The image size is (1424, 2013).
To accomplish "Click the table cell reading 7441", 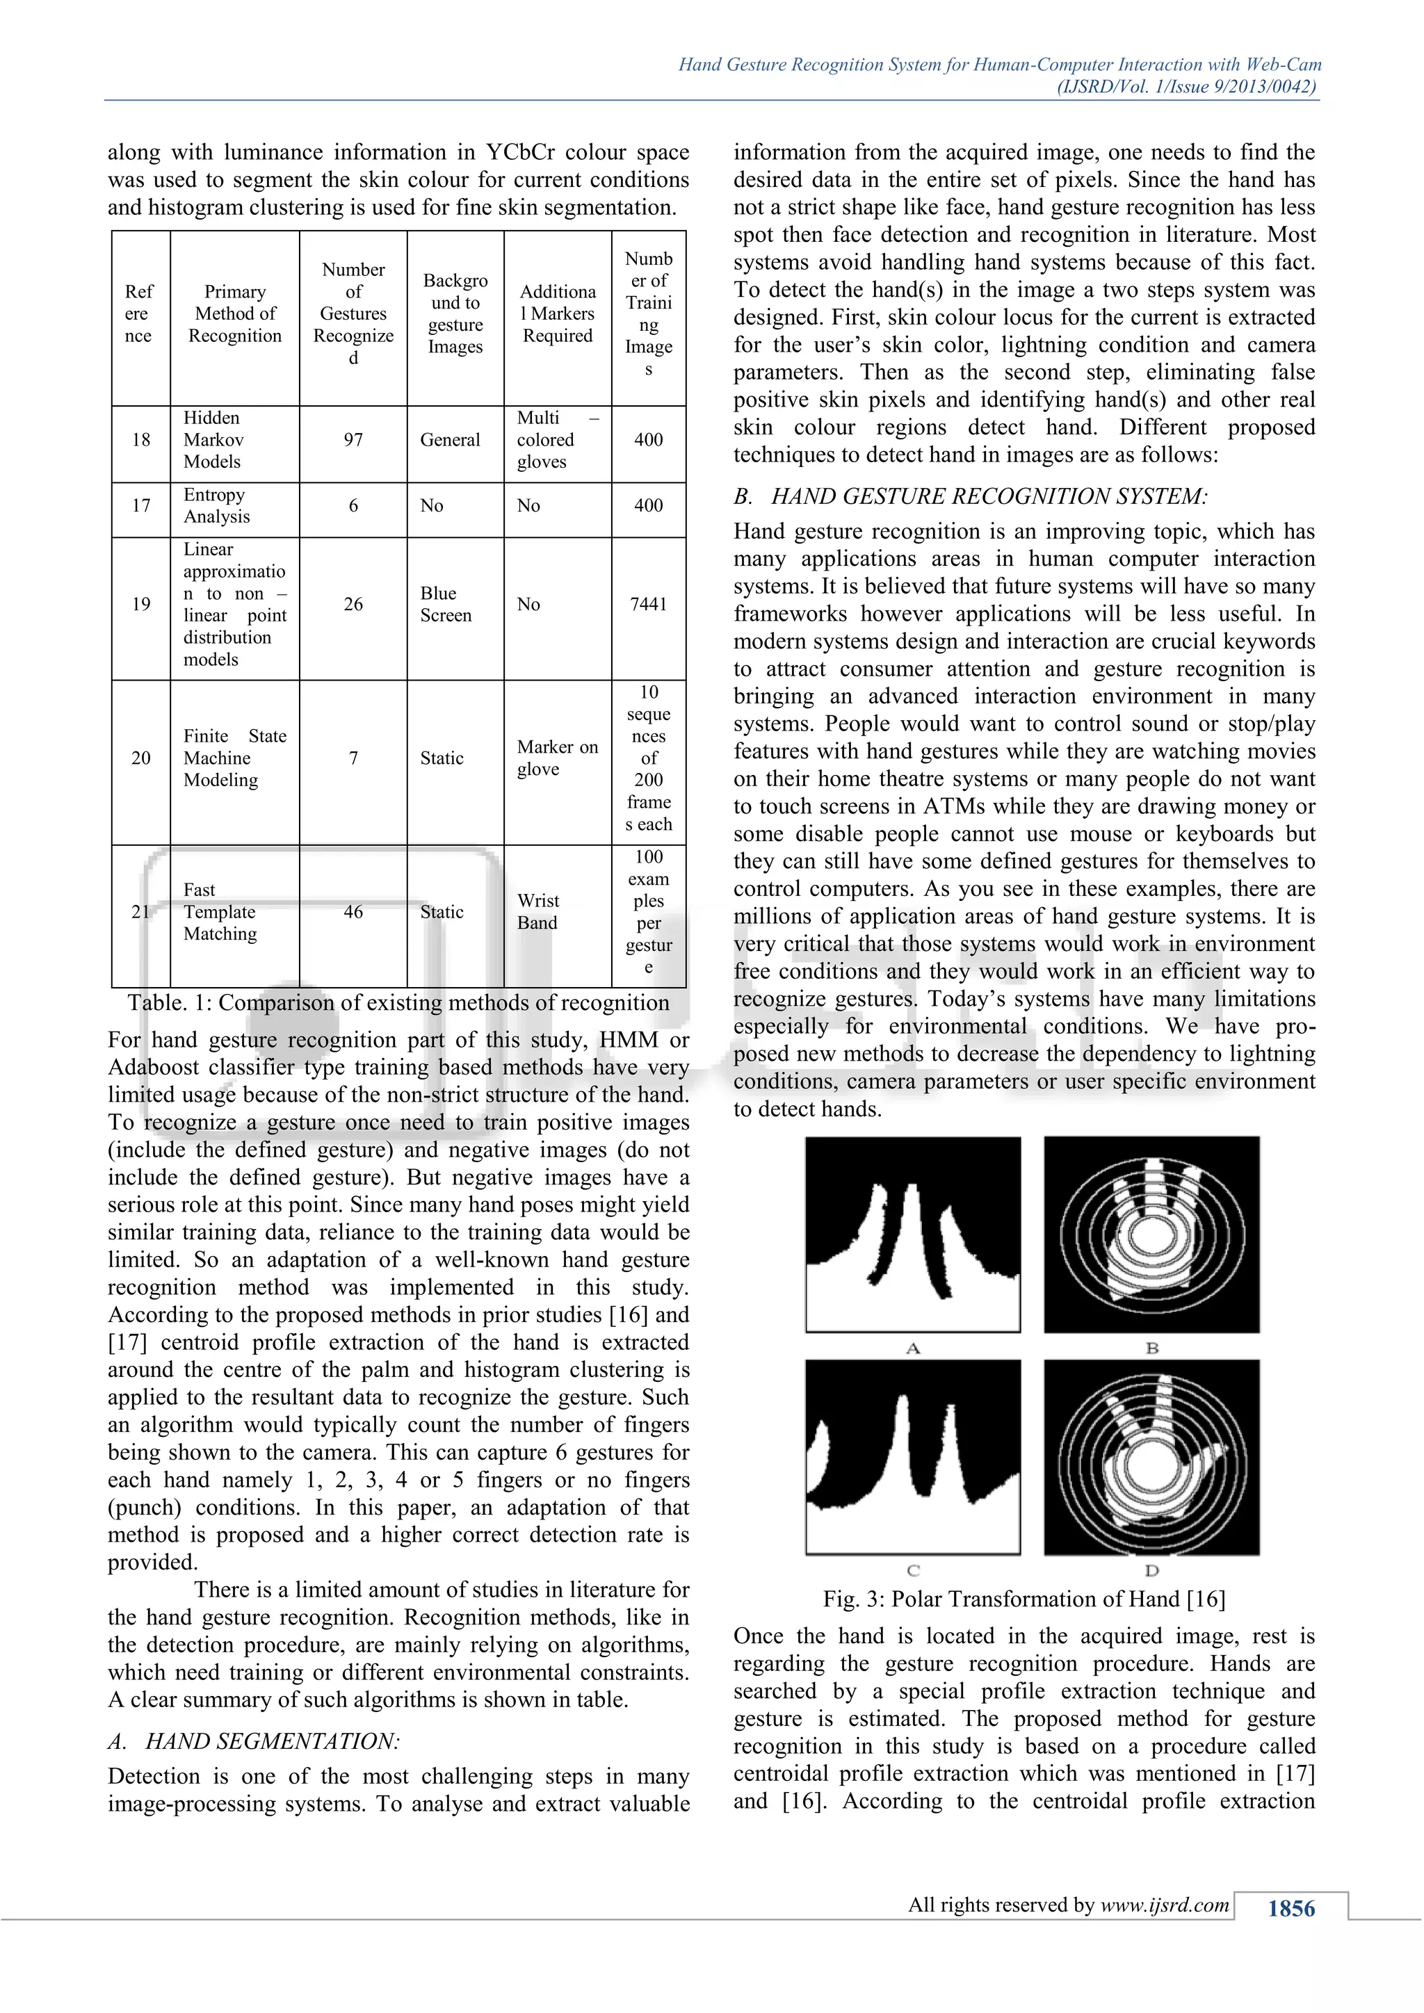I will pyautogui.click(x=648, y=604).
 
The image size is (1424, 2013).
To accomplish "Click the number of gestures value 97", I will pyautogui.click(x=353, y=440).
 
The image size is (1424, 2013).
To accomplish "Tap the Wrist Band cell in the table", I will pyautogui.click(x=537, y=912).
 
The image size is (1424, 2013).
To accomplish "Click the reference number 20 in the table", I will pyautogui.click(x=140, y=758).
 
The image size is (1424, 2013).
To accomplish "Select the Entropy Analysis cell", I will pyautogui.click(x=216, y=506).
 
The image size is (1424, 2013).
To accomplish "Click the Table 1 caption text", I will pyautogui.click(x=398, y=1003).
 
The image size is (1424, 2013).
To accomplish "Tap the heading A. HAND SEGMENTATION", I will pyautogui.click(x=254, y=1741).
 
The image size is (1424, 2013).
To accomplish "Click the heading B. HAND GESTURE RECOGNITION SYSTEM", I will pyautogui.click(x=970, y=497).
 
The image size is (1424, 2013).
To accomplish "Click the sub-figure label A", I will pyautogui.click(x=913, y=1348).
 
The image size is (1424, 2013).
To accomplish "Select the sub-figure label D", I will pyautogui.click(x=1151, y=1570).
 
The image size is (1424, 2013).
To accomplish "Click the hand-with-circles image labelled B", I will pyautogui.click(x=1151, y=1235).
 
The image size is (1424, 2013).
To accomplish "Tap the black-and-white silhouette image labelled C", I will pyautogui.click(x=913, y=1457).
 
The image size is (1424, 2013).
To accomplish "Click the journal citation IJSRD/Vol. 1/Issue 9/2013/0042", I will pyautogui.click(x=1186, y=87).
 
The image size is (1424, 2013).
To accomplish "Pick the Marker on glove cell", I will pyautogui.click(x=557, y=758).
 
